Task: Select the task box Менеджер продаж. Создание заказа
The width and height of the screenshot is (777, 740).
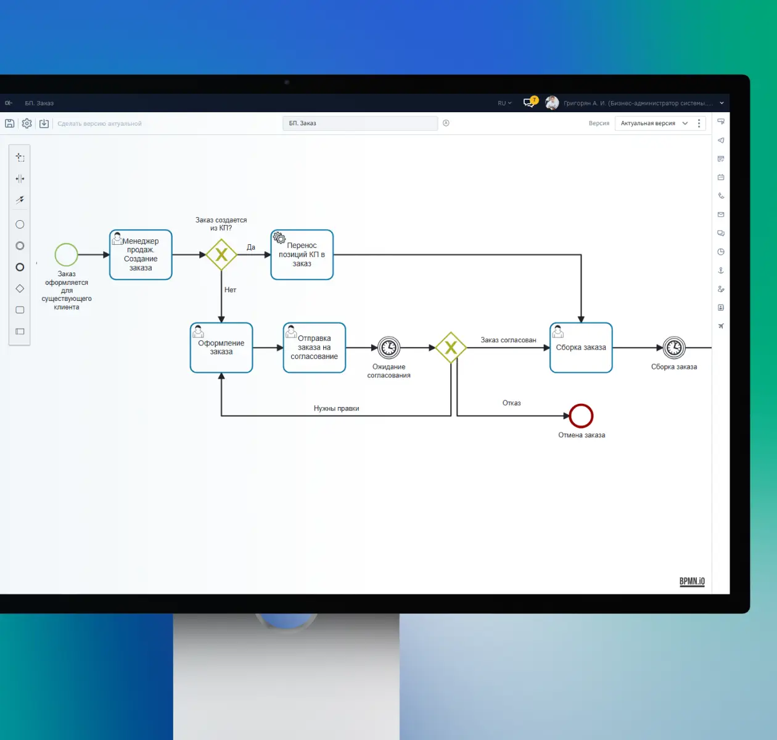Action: pos(141,255)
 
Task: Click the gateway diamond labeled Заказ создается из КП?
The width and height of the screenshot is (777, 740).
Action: pos(221,255)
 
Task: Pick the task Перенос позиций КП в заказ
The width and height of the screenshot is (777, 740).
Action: pos(302,255)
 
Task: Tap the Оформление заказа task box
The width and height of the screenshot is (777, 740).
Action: pos(221,347)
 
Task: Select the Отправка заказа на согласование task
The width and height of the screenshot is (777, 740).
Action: pos(314,347)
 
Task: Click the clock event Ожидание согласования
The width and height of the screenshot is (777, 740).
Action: pos(389,347)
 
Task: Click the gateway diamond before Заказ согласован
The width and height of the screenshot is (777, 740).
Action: pos(451,347)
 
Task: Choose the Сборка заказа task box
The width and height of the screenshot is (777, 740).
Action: pos(581,347)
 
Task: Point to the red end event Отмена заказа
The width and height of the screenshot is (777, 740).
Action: pos(581,416)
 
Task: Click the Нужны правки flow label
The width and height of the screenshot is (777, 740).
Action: pos(336,408)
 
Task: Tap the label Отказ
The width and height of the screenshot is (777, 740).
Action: pos(511,403)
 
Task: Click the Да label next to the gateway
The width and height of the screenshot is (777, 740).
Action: pos(251,247)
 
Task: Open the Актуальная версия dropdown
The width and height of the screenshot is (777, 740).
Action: pos(654,123)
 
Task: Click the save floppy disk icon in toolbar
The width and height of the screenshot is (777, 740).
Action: pos(9,123)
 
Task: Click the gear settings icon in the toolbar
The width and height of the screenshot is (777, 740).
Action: pos(27,123)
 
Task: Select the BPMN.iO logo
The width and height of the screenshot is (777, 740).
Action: pos(692,582)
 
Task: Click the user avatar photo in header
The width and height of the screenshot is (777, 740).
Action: pos(552,103)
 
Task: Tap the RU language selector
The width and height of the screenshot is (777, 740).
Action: pos(504,103)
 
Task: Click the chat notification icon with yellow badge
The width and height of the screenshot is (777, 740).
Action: pos(530,102)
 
